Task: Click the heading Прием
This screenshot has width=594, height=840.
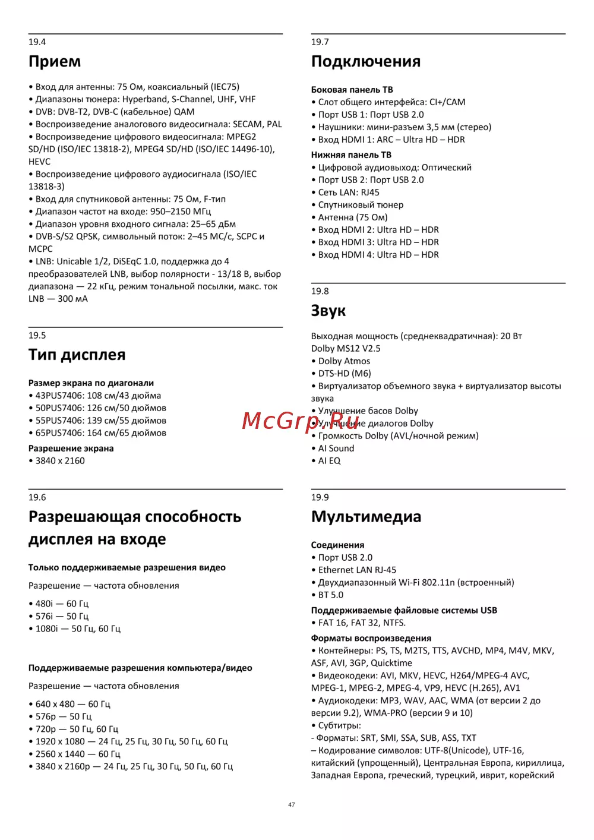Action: click(55, 62)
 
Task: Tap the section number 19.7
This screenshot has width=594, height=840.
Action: click(320, 42)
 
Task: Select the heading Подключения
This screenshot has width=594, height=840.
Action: click(366, 62)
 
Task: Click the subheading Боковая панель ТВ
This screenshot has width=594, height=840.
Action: click(352, 90)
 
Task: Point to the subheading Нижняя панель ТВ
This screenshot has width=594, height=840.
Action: click(351, 155)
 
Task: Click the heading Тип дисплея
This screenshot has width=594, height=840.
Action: click(77, 355)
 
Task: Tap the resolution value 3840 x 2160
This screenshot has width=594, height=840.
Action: click(60, 461)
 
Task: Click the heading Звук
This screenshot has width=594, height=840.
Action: click(328, 311)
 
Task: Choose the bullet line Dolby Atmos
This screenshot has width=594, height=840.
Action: click(344, 361)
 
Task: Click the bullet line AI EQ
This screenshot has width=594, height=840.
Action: click(329, 461)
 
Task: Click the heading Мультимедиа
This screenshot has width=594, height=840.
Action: click(366, 517)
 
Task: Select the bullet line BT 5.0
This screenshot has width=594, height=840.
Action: click(330, 595)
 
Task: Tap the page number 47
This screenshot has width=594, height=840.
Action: click(292, 805)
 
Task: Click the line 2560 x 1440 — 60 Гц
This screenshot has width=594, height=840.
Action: click(77, 754)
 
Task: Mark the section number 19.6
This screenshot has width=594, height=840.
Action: click(37, 498)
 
